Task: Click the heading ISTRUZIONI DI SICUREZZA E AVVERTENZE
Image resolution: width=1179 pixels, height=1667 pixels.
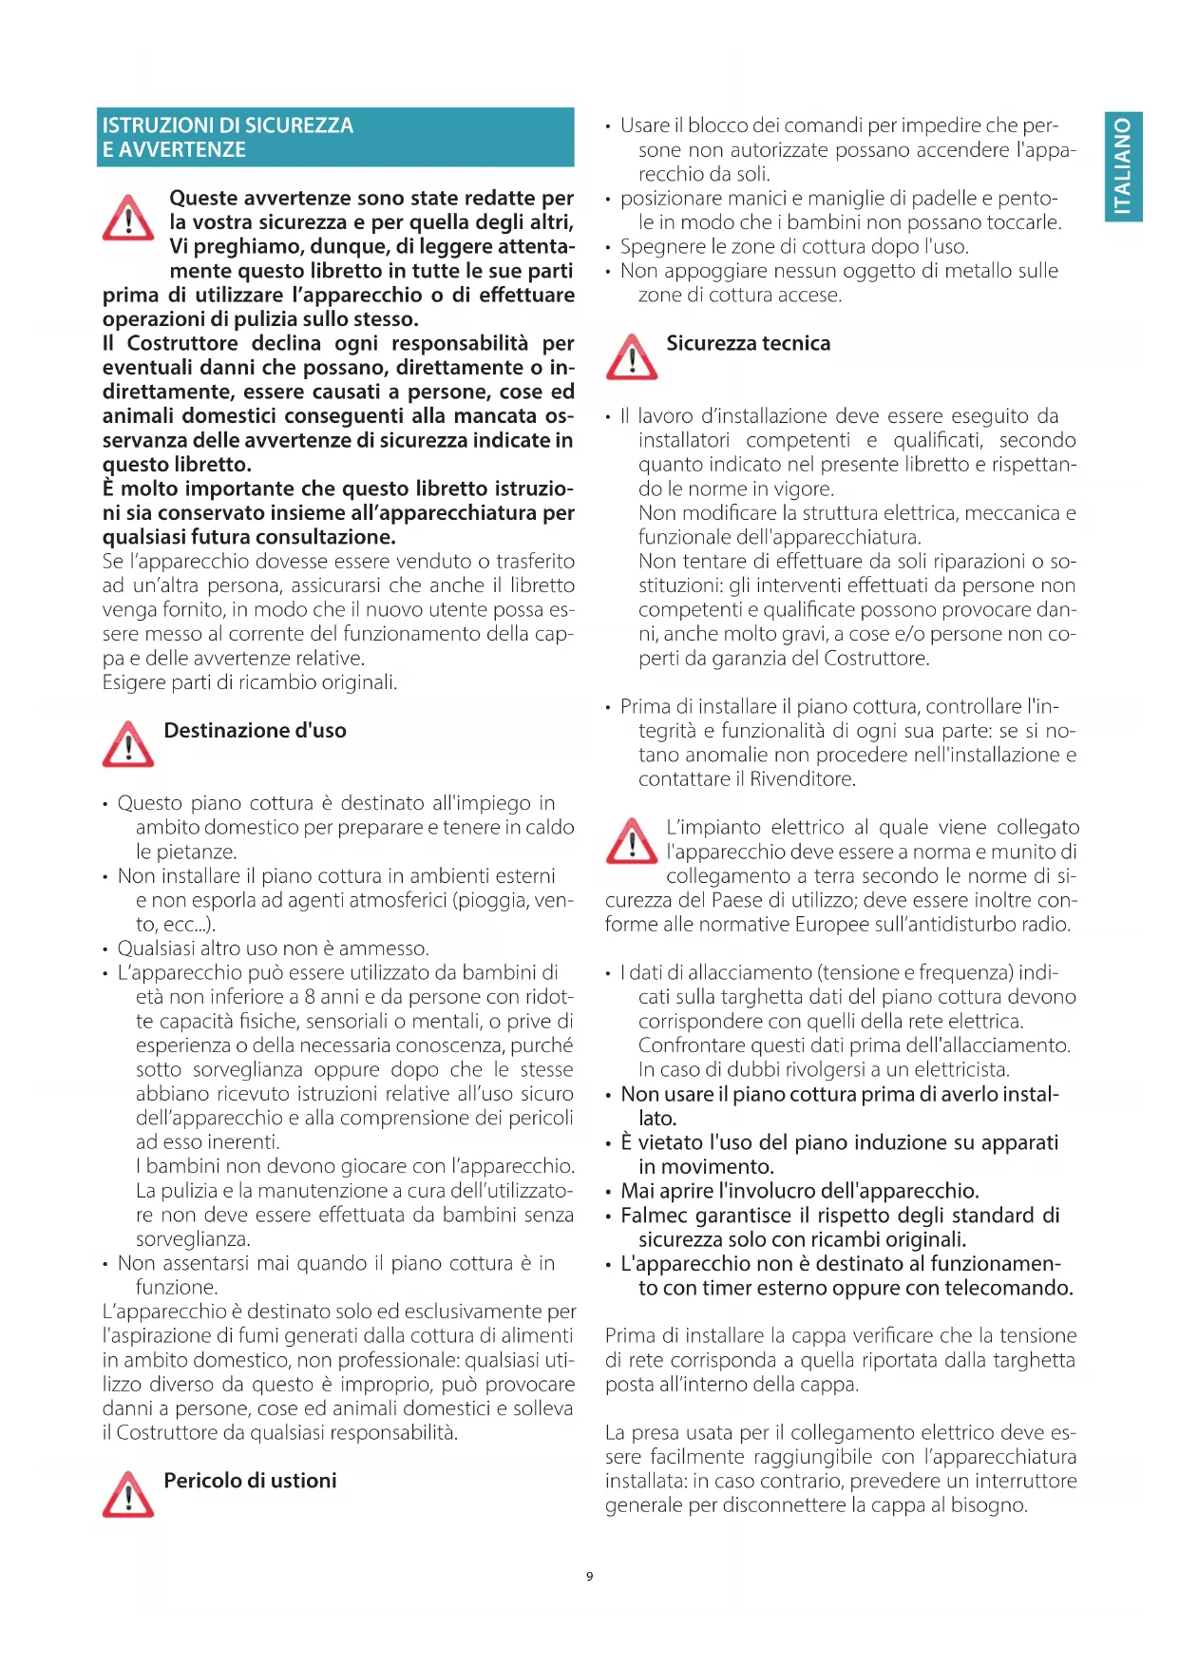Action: [x=228, y=137]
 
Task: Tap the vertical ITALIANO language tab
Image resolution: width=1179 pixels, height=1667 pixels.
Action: [x=1123, y=166]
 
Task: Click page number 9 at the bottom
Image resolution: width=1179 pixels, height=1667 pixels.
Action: [x=589, y=1576]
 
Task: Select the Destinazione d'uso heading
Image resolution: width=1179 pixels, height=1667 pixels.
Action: [x=255, y=731]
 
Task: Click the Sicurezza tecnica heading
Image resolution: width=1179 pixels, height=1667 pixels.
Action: [x=748, y=343]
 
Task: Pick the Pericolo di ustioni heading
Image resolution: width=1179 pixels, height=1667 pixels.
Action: [x=250, y=1481]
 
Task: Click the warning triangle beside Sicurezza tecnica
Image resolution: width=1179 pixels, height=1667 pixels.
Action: [x=631, y=357]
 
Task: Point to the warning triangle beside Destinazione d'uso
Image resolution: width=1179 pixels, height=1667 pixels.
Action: [x=127, y=744]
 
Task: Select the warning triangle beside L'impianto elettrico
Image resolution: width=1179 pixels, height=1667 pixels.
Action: [x=631, y=841]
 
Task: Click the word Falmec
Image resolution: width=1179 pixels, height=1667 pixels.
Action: [x=657, y=1216]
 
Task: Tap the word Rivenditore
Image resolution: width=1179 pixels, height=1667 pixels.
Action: [x=802, y=779]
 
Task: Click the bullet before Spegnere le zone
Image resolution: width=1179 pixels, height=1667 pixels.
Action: [x=608, y=248]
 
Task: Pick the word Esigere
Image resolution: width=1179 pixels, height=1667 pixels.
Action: [x=133, y=682]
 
